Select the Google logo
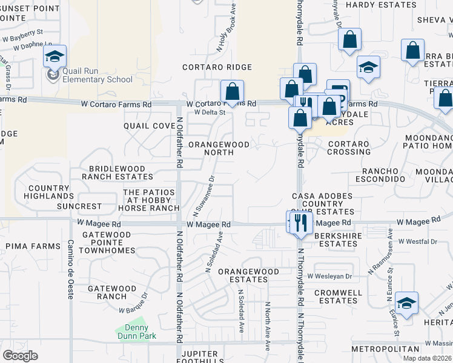20,355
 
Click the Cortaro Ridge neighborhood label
217,67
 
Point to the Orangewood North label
219,149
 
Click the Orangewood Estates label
248,276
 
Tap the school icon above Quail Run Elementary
54,57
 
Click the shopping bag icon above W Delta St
232,92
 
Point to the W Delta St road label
210,113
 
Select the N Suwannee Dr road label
204,196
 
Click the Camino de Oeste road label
70,269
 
